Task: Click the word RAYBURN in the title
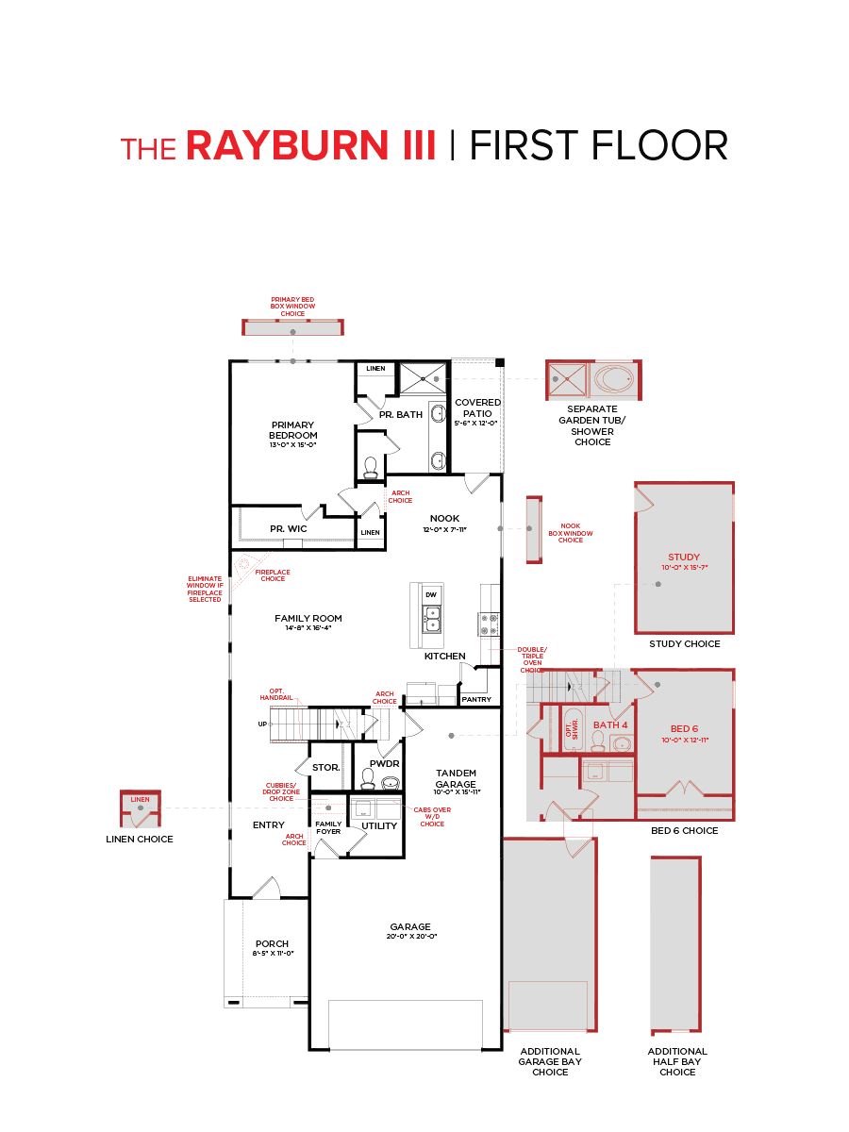pyautogui.click(x=310, y=147)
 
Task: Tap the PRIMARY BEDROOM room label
pyautogui.click(x=292, y=431)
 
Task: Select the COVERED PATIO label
pyautogui.click(x=478, y=408)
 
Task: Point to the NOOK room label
pyautogui.click(x=444, y=519)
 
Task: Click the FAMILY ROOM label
pyautogui.click(x=308, y=619)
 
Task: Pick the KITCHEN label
pyautogui.click(x=444, y=656)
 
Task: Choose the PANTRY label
pyautogui.click(x=476, y=699)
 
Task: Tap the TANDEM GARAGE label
pyautogui.click(x=456, y=778)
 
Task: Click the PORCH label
pyautogui.click(x=272, y=944)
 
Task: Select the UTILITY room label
pyautogui.click(x=379, y=825)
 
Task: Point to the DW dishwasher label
pyautogui.click(x=431, y=594)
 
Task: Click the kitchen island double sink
pyautogui.click(x=431, y=618)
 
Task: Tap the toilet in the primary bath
pyautogui.click(x=370, y=466)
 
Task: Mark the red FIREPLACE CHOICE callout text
pyautogui.click(x=273, y=575)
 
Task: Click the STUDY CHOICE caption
pyautogui.click(x=684, y=644)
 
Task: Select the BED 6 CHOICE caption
pyautogui.click(x=684, y=831)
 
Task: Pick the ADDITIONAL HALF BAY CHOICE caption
pyautogui.click(x=677, y=1061)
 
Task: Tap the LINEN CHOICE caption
pyautogui.click(x=140, y=839)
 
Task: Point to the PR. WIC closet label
pyautogui.click(x=288, y=529)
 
